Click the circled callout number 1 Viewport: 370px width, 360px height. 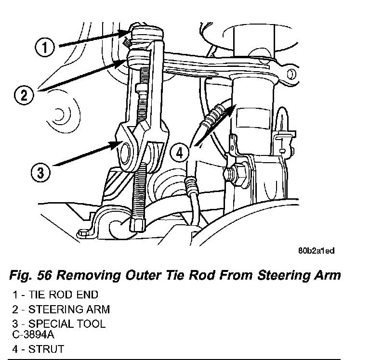tap(45, 47)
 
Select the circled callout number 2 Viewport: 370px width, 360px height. tap(24, 95)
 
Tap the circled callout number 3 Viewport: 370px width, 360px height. tap(40, 172)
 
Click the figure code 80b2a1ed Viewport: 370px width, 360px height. tap(317, 251)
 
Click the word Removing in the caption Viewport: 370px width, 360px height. tap(88, 275)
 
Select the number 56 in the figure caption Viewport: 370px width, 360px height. tap(44, 275)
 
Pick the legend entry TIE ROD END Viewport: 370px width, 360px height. tap(63, 295)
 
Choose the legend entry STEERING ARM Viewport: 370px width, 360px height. tap(69, 309)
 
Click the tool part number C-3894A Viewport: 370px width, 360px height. tap(33, 334)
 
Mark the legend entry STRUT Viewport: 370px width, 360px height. tap(46, 349)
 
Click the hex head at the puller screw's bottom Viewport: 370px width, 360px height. tap(137, 225)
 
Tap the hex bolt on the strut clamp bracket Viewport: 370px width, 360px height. tap(236, 175)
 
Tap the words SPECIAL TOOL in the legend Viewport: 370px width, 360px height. tap(67, 324)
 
